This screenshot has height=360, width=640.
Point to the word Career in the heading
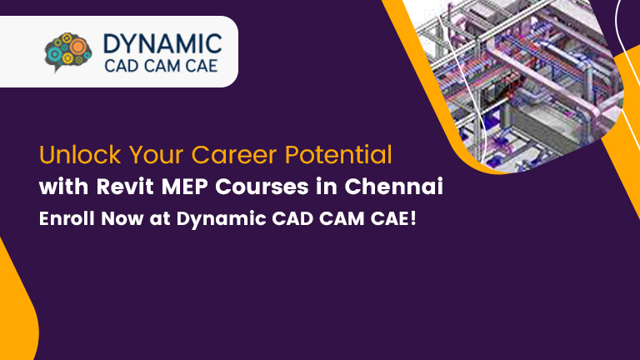pyautogui.click(x=230, y=155)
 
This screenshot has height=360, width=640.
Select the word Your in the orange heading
pyautogui.click(x=148, y=155)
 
